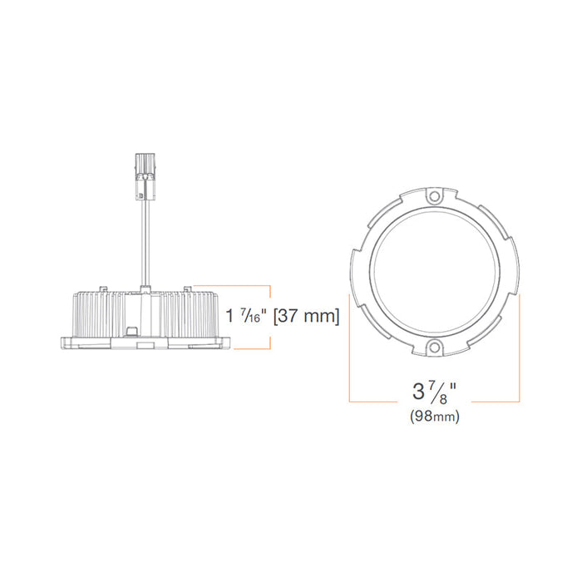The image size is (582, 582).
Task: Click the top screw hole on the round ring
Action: point(432,197)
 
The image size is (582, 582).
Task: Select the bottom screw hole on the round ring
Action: point(432,348)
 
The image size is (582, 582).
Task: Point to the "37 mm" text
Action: point(309,317)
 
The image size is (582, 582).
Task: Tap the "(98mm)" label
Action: point(434,417)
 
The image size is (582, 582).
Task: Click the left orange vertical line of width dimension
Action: point(350,349)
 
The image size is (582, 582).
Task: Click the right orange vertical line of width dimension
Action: point(520,349)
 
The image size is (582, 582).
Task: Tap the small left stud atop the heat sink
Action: point(104,287)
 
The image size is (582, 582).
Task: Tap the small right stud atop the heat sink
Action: point(189,287)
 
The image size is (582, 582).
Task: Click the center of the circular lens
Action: point(433,273)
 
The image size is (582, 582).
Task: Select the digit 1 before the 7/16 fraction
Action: point(231,317)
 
